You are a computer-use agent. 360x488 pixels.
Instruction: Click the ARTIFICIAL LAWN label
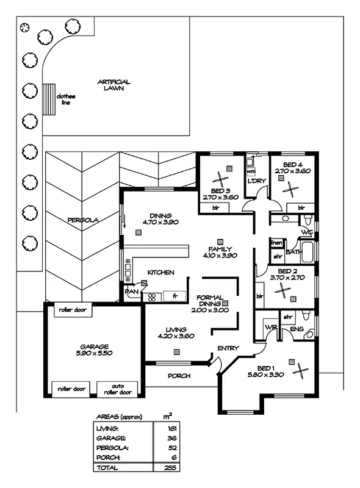click(113, 85)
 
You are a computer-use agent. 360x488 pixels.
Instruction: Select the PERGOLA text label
click(82, 220)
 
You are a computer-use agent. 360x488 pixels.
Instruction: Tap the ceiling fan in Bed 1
click(300, 370)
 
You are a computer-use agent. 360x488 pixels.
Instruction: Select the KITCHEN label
click(160, 272)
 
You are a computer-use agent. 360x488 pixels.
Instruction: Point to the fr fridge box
click(175, 296)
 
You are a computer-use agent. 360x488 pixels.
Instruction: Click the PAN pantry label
click(132, 292)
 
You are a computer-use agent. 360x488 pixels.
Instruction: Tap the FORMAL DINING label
click(214, 304)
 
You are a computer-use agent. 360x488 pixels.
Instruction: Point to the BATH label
click(293, 251)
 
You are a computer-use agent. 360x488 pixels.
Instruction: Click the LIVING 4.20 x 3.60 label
click(176, 332)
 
